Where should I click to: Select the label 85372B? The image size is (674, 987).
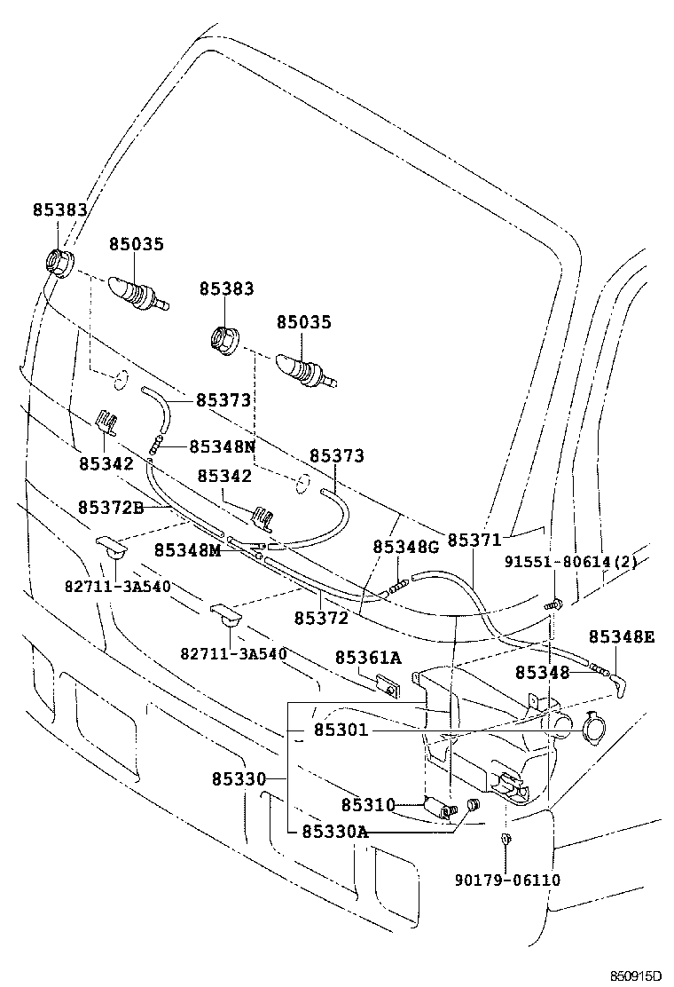point(110,507)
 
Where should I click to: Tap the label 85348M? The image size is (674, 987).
point(187,550)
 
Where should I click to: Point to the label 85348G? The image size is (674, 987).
point(405,547)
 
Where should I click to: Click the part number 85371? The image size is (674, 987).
point(474,540)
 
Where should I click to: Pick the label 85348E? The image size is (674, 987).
point(622,637)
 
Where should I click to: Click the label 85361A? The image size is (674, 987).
point(368,657)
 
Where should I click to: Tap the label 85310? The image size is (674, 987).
point(368,804)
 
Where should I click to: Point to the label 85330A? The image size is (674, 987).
point(334,832)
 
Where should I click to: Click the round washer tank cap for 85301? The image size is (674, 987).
point(592,729)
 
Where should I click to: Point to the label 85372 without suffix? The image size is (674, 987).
point(321,616)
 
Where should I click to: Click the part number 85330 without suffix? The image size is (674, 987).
point(239,778)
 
